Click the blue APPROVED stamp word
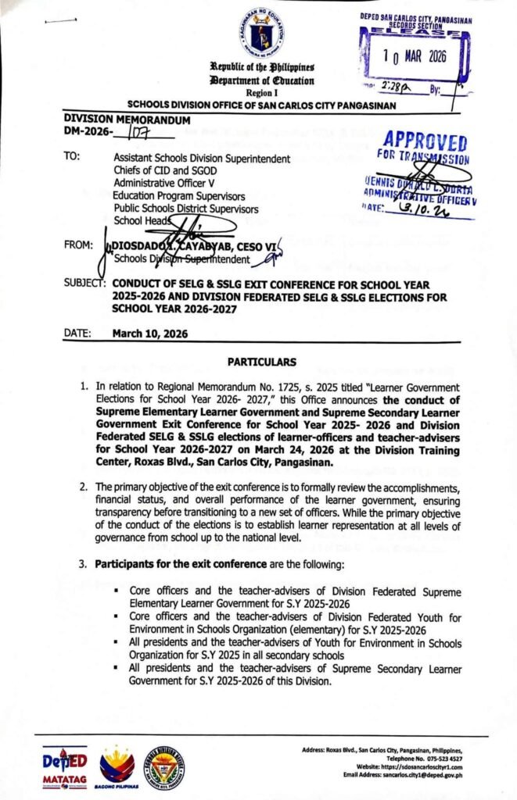click(x=425, y=142)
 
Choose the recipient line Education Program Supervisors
click(x=178, y=195)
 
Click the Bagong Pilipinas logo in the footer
click(x=119, y=763)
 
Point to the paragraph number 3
click(x=84, y=563)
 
